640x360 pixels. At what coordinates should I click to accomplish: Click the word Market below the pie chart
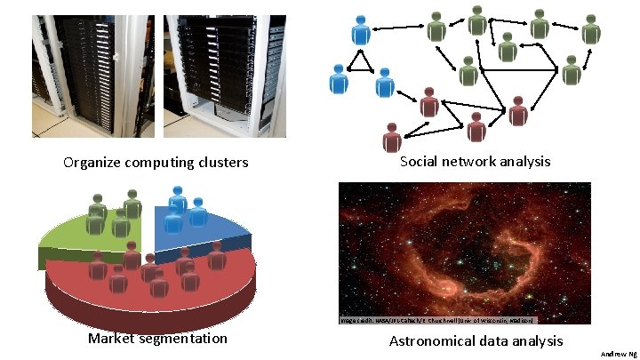click(114, 339)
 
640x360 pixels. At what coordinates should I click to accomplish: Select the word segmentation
click(185, 339)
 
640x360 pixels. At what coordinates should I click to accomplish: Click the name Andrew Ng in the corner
click(618, 354)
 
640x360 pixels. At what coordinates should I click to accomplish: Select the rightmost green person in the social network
click(592, 30)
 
